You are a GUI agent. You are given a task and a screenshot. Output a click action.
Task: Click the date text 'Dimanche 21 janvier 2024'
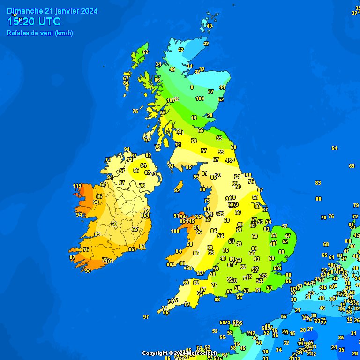click(x=52, y=11)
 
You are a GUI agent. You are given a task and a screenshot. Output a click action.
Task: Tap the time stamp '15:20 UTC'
click(x=34, y=22)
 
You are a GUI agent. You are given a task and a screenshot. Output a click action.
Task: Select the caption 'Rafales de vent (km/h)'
click(x=40, y=33)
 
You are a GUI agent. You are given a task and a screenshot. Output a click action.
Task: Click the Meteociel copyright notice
click(x=180, y=353)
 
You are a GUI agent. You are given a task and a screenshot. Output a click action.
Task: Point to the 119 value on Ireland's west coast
click(x=77, y=186)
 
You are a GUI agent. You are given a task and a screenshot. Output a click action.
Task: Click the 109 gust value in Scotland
click(x=200, y=98)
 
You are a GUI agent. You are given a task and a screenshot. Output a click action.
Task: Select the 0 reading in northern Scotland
click(x=192, y=87)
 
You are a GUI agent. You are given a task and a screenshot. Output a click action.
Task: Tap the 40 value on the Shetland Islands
click(x=210, y=26)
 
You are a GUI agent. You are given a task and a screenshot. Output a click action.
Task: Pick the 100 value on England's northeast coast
click(x=247, y=175)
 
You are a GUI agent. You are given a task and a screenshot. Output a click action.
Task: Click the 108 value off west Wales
click(x=175, y=231)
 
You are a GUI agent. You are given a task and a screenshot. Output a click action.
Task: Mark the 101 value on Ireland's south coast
click(x=110, y=261)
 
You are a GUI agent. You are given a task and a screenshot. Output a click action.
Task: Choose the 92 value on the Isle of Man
click(x=177, y=190)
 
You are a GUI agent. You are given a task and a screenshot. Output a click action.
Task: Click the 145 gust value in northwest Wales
click(x=190, y=221)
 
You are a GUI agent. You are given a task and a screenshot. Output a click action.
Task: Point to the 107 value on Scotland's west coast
click(x=171, y=100)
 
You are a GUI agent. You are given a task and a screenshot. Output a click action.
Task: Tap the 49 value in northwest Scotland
click(x=172, y=69)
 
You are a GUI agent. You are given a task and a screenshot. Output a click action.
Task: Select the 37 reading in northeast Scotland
click(x=211, y=91)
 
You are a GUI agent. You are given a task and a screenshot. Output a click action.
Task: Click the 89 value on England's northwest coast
click(x=203, y=189)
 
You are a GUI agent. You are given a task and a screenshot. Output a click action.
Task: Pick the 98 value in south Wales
click(x=189, y=268)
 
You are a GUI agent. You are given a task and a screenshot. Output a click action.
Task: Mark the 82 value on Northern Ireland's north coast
click(x=148, y=155)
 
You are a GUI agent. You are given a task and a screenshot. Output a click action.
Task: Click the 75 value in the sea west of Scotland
click(x=135, y=111)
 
